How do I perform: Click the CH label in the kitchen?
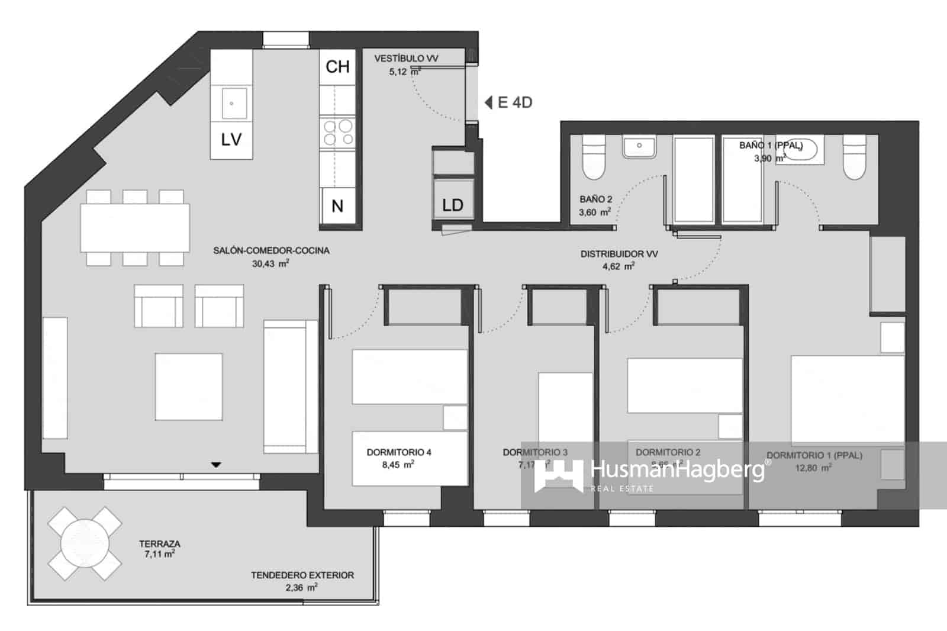[x=337, y=67]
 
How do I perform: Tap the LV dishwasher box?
[x=231, y=139]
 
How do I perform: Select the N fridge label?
[x=337, y=206]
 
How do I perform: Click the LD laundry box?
[x=453, y=205]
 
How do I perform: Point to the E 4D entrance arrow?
[x=489, y=102]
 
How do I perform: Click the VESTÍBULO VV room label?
[x=406, y=59]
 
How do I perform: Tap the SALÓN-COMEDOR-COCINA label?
[x=271, y=250]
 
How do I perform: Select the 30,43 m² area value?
[x=270, y=264]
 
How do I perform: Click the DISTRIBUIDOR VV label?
[x=619, y=254]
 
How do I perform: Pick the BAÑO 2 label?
[x=595, y=199]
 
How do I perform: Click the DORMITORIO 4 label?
[x=398, y=452]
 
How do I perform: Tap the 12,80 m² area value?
[x=813, y=468]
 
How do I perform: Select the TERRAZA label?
[x=159, y=543]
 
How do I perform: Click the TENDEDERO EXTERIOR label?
[x=302, y=575]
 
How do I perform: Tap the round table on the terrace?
[x=85, y=543]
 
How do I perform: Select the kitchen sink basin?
[x=232, y=104]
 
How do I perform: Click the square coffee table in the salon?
[x=189, y=387]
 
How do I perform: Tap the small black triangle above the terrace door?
[x=216, y=465]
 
